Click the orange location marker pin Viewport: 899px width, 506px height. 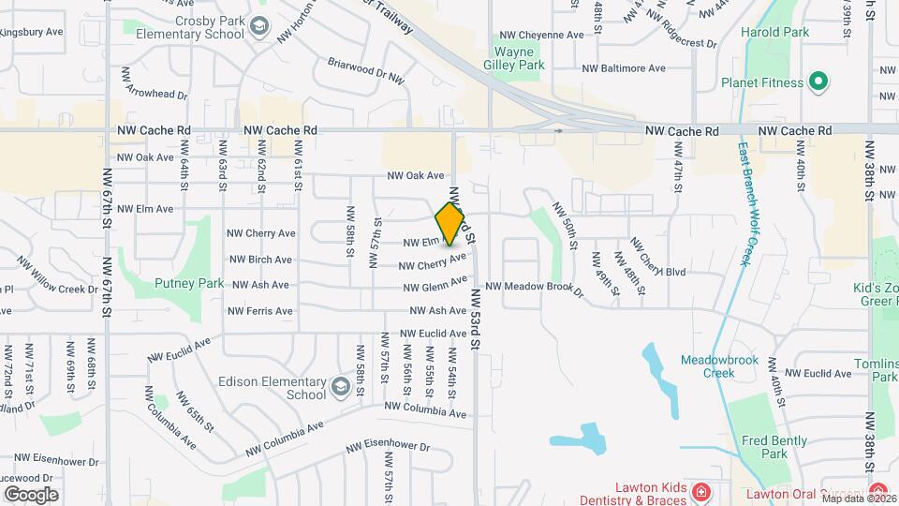450,224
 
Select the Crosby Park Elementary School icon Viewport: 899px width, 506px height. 258,32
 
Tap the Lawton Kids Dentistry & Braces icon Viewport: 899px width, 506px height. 699,491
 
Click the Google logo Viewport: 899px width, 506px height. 31,494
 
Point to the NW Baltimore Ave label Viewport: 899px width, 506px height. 623,68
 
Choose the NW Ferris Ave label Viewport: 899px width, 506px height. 261,310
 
